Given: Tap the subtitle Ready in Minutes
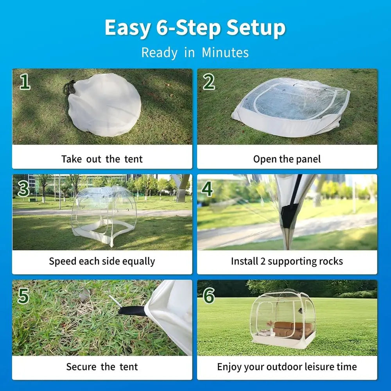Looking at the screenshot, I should point(195,52).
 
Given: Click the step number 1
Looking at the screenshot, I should point(25,82).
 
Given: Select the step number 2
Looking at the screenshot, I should point(209,82).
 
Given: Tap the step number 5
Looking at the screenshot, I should point(24,296).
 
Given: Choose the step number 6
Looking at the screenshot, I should point(209,296).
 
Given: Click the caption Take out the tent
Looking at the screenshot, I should point(102,159).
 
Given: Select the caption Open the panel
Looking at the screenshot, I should point(287,159).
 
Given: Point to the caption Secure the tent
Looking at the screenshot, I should point(102,367).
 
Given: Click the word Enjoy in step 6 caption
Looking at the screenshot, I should point(229,367).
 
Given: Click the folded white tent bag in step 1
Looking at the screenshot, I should point(106,106).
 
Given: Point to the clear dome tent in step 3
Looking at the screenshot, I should point(104,213).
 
